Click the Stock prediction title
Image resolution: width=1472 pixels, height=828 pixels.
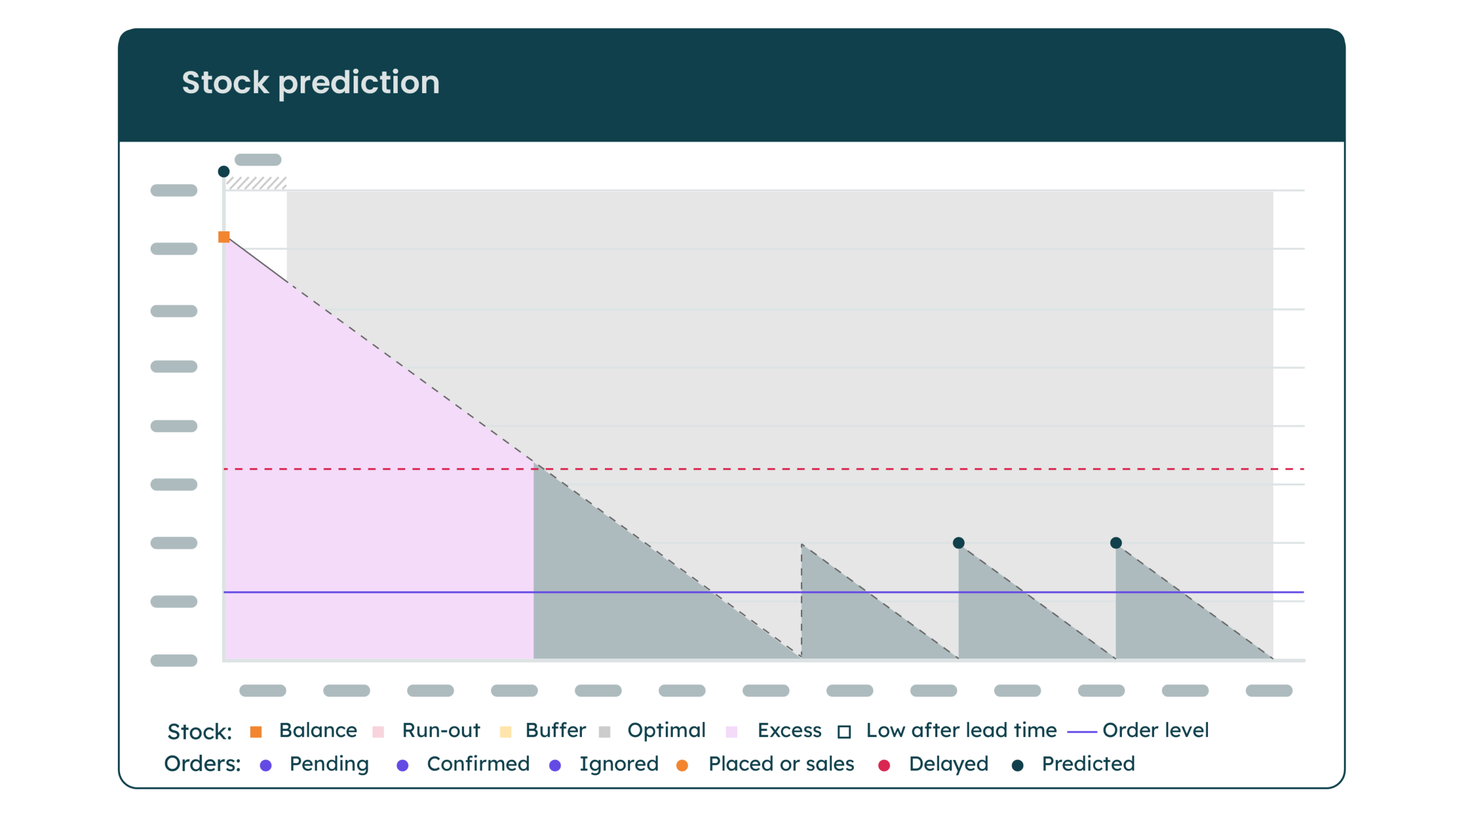click(x=310, y=83)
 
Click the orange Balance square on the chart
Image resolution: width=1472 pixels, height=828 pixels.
click(x=224, y=237)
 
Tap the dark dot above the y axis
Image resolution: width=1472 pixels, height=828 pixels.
click(x=224, y=171)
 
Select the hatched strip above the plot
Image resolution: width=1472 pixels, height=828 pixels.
click(x=256, y=183)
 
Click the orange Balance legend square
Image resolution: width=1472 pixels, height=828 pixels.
click(x=256, y=732)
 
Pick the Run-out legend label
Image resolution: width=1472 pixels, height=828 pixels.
click(x=441, y=730)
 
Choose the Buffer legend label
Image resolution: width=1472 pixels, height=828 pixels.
click(x=555, y=730)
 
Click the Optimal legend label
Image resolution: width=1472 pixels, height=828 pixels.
click(x=666, y=730)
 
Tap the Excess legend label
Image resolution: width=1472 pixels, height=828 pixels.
click(x=789, y=730)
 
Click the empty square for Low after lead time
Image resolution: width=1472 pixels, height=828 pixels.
click(x=844, y=732)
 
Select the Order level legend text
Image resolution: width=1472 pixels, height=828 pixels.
click(x=1156, y=730)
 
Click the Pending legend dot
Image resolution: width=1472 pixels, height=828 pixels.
click(x=266, y=765)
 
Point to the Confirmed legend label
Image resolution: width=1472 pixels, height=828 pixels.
click(x=478, y=764)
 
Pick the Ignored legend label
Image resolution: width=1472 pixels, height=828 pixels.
click(x=619, y=764)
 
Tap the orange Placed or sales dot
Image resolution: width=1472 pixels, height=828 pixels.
click(x=682, y=765)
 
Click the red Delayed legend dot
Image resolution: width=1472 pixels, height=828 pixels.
click(x=884, y=765)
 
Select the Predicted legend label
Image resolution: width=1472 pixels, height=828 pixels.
click(x=1088, y=764)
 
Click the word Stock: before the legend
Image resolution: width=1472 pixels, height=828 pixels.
click(x=200, y=732)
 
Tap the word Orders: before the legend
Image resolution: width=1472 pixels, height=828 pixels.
click(x=202, y=764)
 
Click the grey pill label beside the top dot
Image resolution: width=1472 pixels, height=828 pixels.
click(x=258, y=160)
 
